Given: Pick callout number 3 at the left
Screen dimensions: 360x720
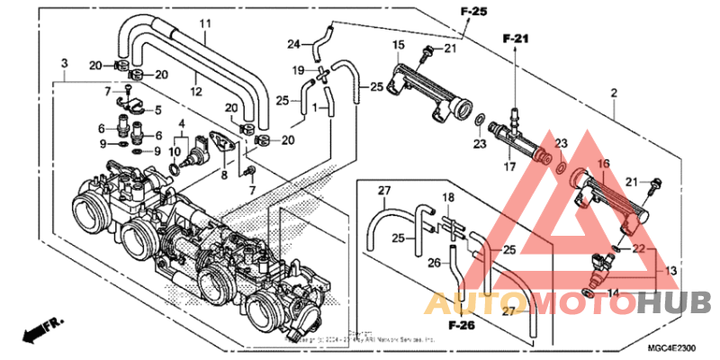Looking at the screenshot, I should point(64,62).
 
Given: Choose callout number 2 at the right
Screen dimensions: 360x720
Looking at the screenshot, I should point(613,93).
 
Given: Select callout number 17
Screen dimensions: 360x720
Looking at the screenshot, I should point(508,166).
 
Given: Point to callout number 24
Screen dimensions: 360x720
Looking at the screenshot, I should point(293,44).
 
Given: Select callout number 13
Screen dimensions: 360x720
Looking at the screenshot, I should point(670,270).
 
